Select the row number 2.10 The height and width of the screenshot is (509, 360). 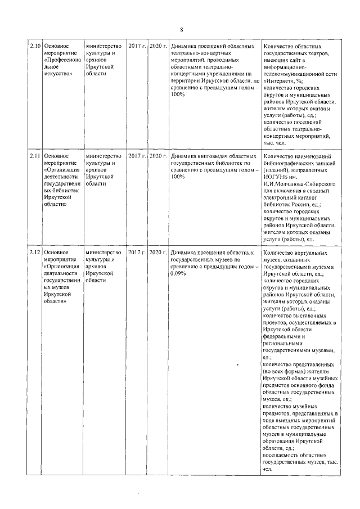[35, 45]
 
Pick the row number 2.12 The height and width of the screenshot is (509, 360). [35, 253]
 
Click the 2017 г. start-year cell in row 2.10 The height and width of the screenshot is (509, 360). [137, 45]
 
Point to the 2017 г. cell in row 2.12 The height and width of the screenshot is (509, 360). [137, 253]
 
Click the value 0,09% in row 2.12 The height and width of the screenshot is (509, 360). [178, 274]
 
